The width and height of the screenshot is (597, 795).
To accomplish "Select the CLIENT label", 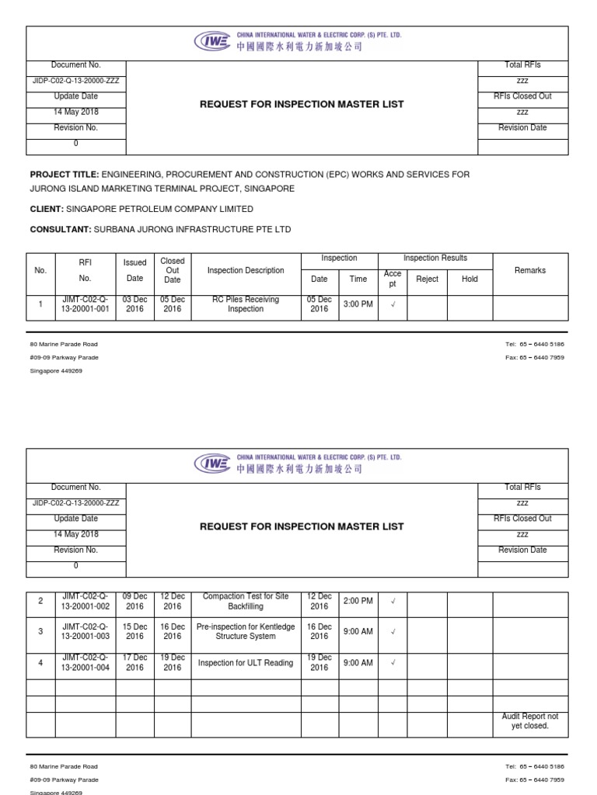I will (x=46, y=209).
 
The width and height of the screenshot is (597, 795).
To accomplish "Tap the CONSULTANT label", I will (x=61, y=230).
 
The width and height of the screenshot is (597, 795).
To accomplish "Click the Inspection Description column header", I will (x=246, y=271).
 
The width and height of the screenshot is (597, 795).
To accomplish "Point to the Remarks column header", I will (x=530, y=271).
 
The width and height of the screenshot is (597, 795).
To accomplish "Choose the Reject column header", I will (x=428, y=279).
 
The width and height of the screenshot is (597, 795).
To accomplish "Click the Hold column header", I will (x=470, y=279).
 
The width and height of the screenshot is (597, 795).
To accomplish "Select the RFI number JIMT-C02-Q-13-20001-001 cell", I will (x=86, y=304).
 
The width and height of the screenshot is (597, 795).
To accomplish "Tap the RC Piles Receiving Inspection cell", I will (x=246, y=304).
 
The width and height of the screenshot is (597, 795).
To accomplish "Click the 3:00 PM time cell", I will (x=358, y=304).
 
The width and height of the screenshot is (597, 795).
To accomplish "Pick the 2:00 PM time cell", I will (x=358, y=602).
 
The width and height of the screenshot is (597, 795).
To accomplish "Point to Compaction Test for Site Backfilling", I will (x=246, y=602).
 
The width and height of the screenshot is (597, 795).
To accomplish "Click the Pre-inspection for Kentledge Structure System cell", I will (x=246, y=631).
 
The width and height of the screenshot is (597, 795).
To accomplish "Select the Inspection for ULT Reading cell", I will (x=246, y=663).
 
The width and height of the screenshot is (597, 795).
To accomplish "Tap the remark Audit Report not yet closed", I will (x=530, y=721).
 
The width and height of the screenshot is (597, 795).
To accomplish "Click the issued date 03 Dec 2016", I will (x=135, y=304).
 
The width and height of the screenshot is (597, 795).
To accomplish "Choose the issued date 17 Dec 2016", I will (x=135, y=663).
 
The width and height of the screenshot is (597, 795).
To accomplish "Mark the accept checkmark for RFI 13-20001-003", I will (x=393, y=632).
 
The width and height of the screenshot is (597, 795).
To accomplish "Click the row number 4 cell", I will (x=40, y=663).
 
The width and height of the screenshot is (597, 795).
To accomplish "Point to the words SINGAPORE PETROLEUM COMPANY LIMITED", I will (x=159, y=209).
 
